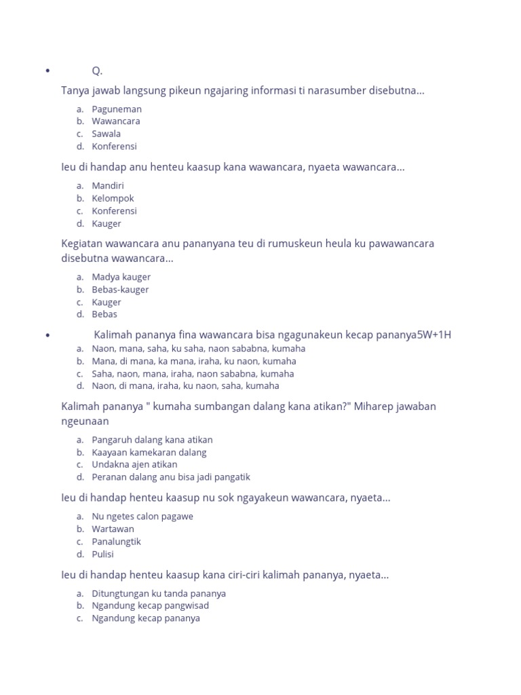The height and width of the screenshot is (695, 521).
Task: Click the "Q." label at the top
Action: [x=98, y=71]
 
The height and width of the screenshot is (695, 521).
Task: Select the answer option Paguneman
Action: [x=117, y=109]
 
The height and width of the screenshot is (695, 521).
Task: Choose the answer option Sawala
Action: [x=107, y=134]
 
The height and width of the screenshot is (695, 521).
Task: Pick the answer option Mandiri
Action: [x=108, y=185]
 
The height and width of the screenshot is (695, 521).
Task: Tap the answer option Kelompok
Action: [x=113, y=198]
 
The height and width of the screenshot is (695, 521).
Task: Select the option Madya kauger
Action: [x=121, y=277]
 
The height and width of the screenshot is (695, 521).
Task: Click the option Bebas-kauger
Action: [x=120, y=289]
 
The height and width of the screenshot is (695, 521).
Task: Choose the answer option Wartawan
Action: [x=113, y=529]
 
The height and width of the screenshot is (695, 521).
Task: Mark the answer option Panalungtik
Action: [x=117, y=542]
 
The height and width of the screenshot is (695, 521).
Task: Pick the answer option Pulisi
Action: [x=103, y=554]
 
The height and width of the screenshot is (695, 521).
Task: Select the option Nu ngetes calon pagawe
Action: [x=142, y=516]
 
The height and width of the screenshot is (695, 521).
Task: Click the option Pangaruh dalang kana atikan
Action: [x=152, y=440]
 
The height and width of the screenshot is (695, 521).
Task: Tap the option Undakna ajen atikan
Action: [x=134, y=464]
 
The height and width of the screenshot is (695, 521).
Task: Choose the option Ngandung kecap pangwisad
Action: [x=151, y=605]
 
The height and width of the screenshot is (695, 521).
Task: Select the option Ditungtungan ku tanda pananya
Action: [x=159, y=593]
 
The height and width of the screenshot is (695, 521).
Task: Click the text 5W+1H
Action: [x=433, y=335]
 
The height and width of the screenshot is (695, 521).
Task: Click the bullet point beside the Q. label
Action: [x=47, y=71]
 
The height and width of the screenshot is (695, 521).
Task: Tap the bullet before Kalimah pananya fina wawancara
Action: [x=47, y=335]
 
